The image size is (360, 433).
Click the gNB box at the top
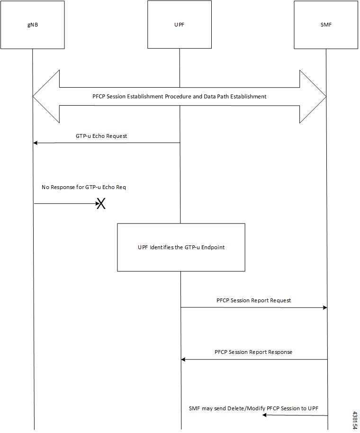[x=33, y=25]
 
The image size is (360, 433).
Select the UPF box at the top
[x=180, y=25]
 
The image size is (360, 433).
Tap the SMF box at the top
[x=326, y=25]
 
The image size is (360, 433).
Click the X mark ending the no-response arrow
[x=101, y=204]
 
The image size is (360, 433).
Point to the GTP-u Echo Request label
[x=101, y=136]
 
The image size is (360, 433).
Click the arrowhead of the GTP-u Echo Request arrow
[x=35, y=143]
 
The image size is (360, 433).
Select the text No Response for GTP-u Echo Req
[x=84, y=187]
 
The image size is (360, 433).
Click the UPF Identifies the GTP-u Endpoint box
[x=181, y=247]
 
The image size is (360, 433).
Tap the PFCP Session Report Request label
[x=254, y=300]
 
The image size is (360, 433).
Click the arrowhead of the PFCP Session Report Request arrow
[x=325, y=307]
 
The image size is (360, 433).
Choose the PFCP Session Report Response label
[x=253, y=352]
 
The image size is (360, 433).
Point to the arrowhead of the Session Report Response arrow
[x=183, y=359]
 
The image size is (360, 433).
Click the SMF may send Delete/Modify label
[x=253, y=408]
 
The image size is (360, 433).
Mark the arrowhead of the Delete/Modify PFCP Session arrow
[x=264, y=415]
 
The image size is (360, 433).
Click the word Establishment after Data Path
[x=249, y=96]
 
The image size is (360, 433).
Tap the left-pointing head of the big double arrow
[x=46, y=96]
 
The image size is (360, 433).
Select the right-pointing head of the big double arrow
[x=313, y=96]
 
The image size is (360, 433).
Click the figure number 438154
[x=355, y=420]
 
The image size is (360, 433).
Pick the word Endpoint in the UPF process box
[x=213, y=247]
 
